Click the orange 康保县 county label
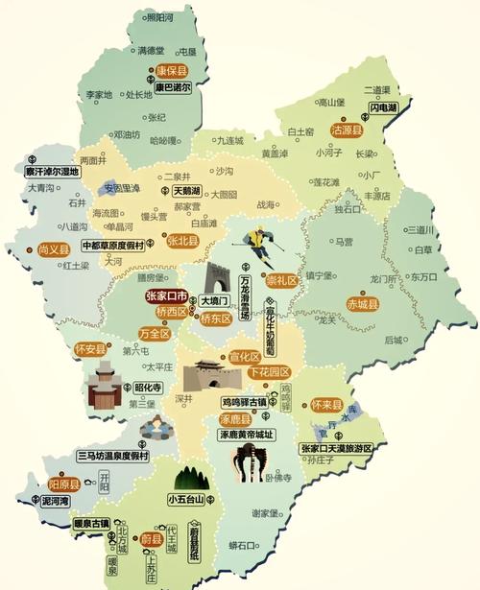[174, 71]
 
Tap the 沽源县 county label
[347, 129]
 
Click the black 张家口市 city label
[170, 296]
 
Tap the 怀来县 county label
[326, 406]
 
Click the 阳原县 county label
[63, 484]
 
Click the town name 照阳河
[160, 18]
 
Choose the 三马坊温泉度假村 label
[113, 455]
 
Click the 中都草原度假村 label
[112, 245]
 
